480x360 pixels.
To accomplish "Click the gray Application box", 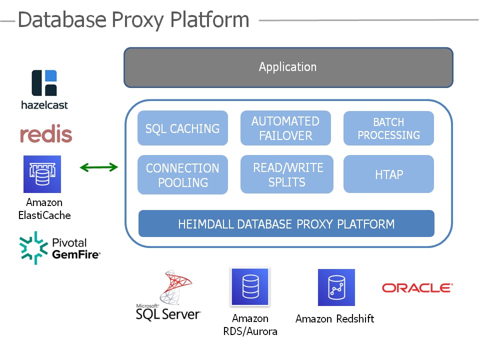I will click(x=288, y=67).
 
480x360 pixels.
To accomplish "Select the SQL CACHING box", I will click(x=182, y=128).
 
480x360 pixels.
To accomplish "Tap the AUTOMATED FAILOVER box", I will click(x=285, y=128).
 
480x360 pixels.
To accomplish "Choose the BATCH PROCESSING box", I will click(x=388, y=128).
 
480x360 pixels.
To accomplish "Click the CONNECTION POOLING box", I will click(x=182, y=175).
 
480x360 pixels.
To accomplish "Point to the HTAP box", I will click(x=388, y=174).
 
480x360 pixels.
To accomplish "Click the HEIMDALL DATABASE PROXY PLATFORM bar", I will click(x=286, y=223).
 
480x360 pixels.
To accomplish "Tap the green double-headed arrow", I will click(x=99, y=167).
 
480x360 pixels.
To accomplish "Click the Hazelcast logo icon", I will click(x=44, y=82).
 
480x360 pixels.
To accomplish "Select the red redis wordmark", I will click(x=46, y=134).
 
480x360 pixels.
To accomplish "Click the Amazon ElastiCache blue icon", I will click(x=42, y=174).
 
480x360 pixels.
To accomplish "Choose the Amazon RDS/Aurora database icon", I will click(x=249, y=287).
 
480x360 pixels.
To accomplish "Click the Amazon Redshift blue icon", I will click(x=336, y=287).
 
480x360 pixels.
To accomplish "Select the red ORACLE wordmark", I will click(x=417, y=288).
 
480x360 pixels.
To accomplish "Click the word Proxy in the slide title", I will click(x=138, y=20).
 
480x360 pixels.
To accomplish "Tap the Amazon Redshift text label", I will click(x=334, y=318).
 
